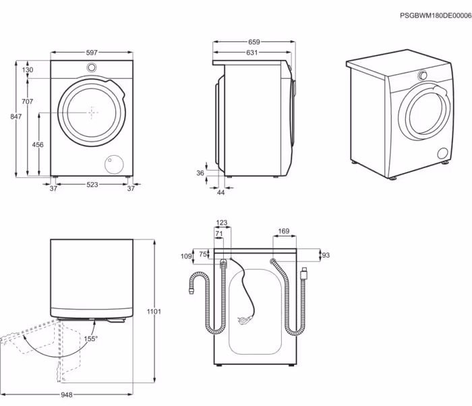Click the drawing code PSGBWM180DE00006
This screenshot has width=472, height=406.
(x=435, y=14)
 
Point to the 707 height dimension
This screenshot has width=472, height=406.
(x=27, y=101)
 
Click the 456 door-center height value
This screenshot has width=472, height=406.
(x=38, y=145)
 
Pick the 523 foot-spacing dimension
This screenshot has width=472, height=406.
(x=92, y=186)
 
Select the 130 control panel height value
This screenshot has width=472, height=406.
(x=27, y=70)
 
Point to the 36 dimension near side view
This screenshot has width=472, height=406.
(x=200, y=173)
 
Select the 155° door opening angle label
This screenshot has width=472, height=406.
(x=90, y=339)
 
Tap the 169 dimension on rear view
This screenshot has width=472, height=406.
(x=283, y=232)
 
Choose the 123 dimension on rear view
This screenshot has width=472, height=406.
(x=222, y=223)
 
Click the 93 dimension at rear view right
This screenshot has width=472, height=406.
(x=326, y=255)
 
